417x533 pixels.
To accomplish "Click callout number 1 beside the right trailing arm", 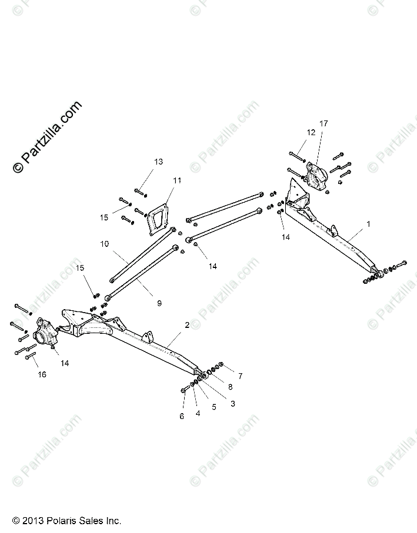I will [x=368, y=224].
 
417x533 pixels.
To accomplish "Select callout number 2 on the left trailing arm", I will [x=187, y=324].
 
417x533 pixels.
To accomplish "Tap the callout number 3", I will [x=233, y=404].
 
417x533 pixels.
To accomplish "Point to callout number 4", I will [x=198, y=413].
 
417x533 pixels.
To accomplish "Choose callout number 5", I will [x=214, y=406].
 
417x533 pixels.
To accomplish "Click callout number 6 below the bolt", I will [x=182, y=416].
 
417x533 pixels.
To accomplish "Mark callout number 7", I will [x=240, y=375].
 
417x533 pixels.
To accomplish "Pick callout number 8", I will [x=230, y=387].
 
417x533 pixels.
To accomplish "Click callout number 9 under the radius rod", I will [x=158, y=303].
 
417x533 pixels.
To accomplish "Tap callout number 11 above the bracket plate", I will [x=177, y=180].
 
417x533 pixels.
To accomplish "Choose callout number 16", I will [x=41, y=374].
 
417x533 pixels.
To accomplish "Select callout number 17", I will [x=323, y=123].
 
